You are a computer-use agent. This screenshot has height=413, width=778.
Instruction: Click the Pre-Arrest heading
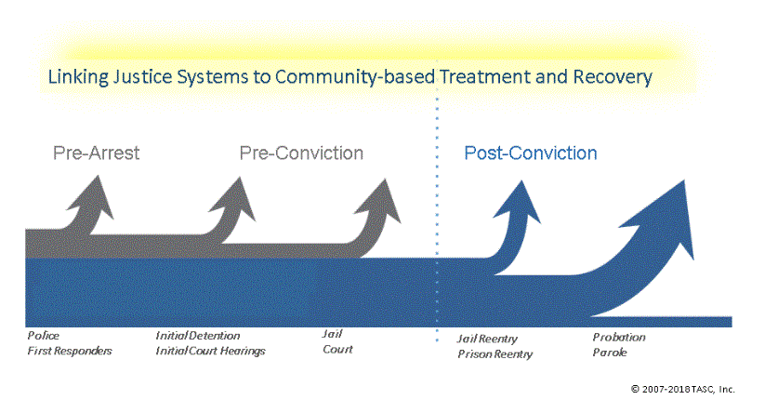(97, 153)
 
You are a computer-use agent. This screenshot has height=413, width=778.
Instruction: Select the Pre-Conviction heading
(301, 153)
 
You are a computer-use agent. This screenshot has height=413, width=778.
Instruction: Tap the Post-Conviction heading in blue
(531, 153)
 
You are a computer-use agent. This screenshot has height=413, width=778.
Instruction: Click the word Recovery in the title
(613, 77)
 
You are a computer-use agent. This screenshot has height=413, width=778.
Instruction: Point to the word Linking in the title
(78, 77)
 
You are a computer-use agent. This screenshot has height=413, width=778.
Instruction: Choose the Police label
(43, 336)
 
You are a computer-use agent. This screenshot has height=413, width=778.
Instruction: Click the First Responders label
(70, 351)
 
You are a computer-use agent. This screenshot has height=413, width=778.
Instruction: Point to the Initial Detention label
(197, 336)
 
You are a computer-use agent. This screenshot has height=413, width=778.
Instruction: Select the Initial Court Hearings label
(210, 351)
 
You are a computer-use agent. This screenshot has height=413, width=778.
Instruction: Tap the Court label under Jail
(337, 349)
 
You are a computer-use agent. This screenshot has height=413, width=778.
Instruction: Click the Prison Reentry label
(494, 353)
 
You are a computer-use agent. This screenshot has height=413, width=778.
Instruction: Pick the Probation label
(619, 337)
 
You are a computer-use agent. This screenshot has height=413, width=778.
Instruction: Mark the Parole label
(610, 353)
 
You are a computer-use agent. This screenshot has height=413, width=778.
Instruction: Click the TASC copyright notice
(683, 389)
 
